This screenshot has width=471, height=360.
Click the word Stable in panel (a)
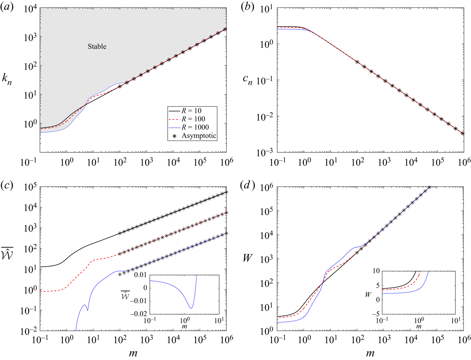tap(97, 46)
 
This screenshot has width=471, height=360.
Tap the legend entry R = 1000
tap(195, 127)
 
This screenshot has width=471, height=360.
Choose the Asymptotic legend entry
tap(199, 136)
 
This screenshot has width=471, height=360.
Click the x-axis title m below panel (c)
tap(133, 353)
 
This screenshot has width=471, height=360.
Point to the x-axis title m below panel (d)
tap(370, 353)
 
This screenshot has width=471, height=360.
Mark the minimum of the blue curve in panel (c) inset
tap(191, 308)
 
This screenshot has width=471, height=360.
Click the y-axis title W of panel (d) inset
tap(368, 295)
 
